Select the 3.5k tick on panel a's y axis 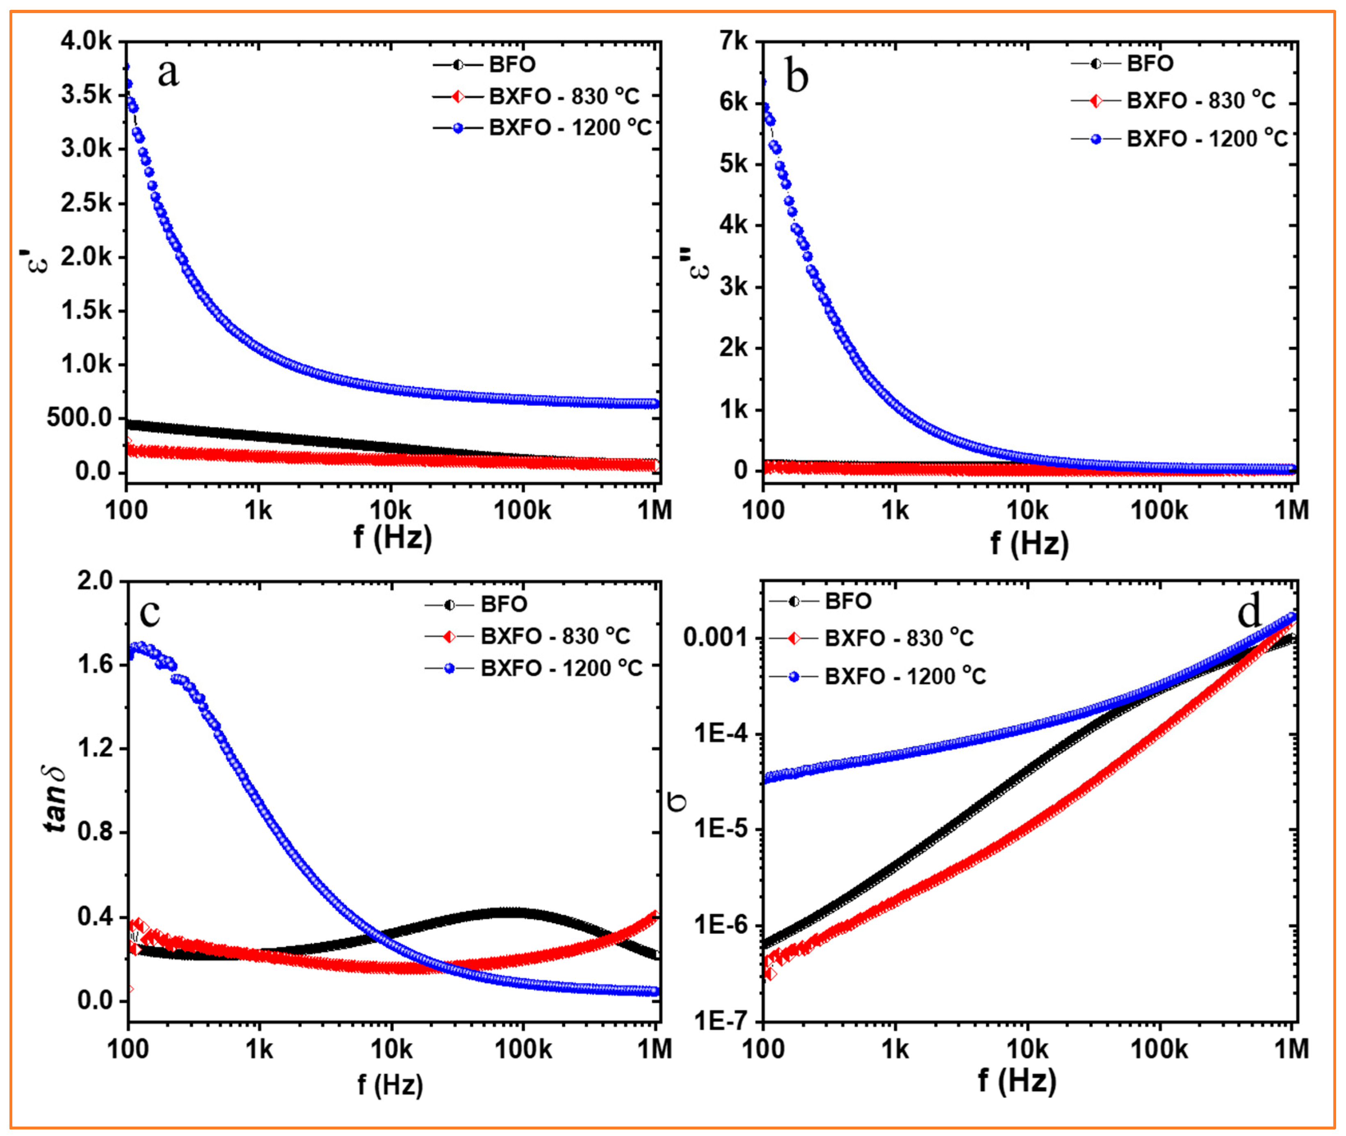[87, 95]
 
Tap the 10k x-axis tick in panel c [391, 1050]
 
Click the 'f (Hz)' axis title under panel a [393, 537]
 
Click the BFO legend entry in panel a [511, 64]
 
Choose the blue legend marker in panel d [794, 676]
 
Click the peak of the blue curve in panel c [139, 646]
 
